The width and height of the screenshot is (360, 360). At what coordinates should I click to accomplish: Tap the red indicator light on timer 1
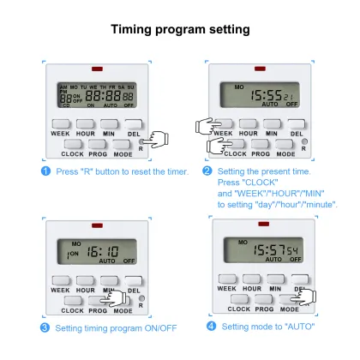pos(94,68)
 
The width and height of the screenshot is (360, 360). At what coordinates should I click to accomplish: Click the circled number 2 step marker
pos(207,171)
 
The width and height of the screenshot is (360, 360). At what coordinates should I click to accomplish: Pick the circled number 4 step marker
pos(212,327)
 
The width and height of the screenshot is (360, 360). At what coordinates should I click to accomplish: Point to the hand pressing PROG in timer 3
pos(107,300)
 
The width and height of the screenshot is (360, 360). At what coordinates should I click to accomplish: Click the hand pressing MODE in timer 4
pos(304,297)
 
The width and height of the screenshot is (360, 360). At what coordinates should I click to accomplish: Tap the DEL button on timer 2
pos(297,124)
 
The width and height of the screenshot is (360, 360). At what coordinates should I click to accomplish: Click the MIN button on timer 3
pos(107,280)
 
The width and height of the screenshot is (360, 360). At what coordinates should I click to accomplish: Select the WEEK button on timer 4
pos(226,279)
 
